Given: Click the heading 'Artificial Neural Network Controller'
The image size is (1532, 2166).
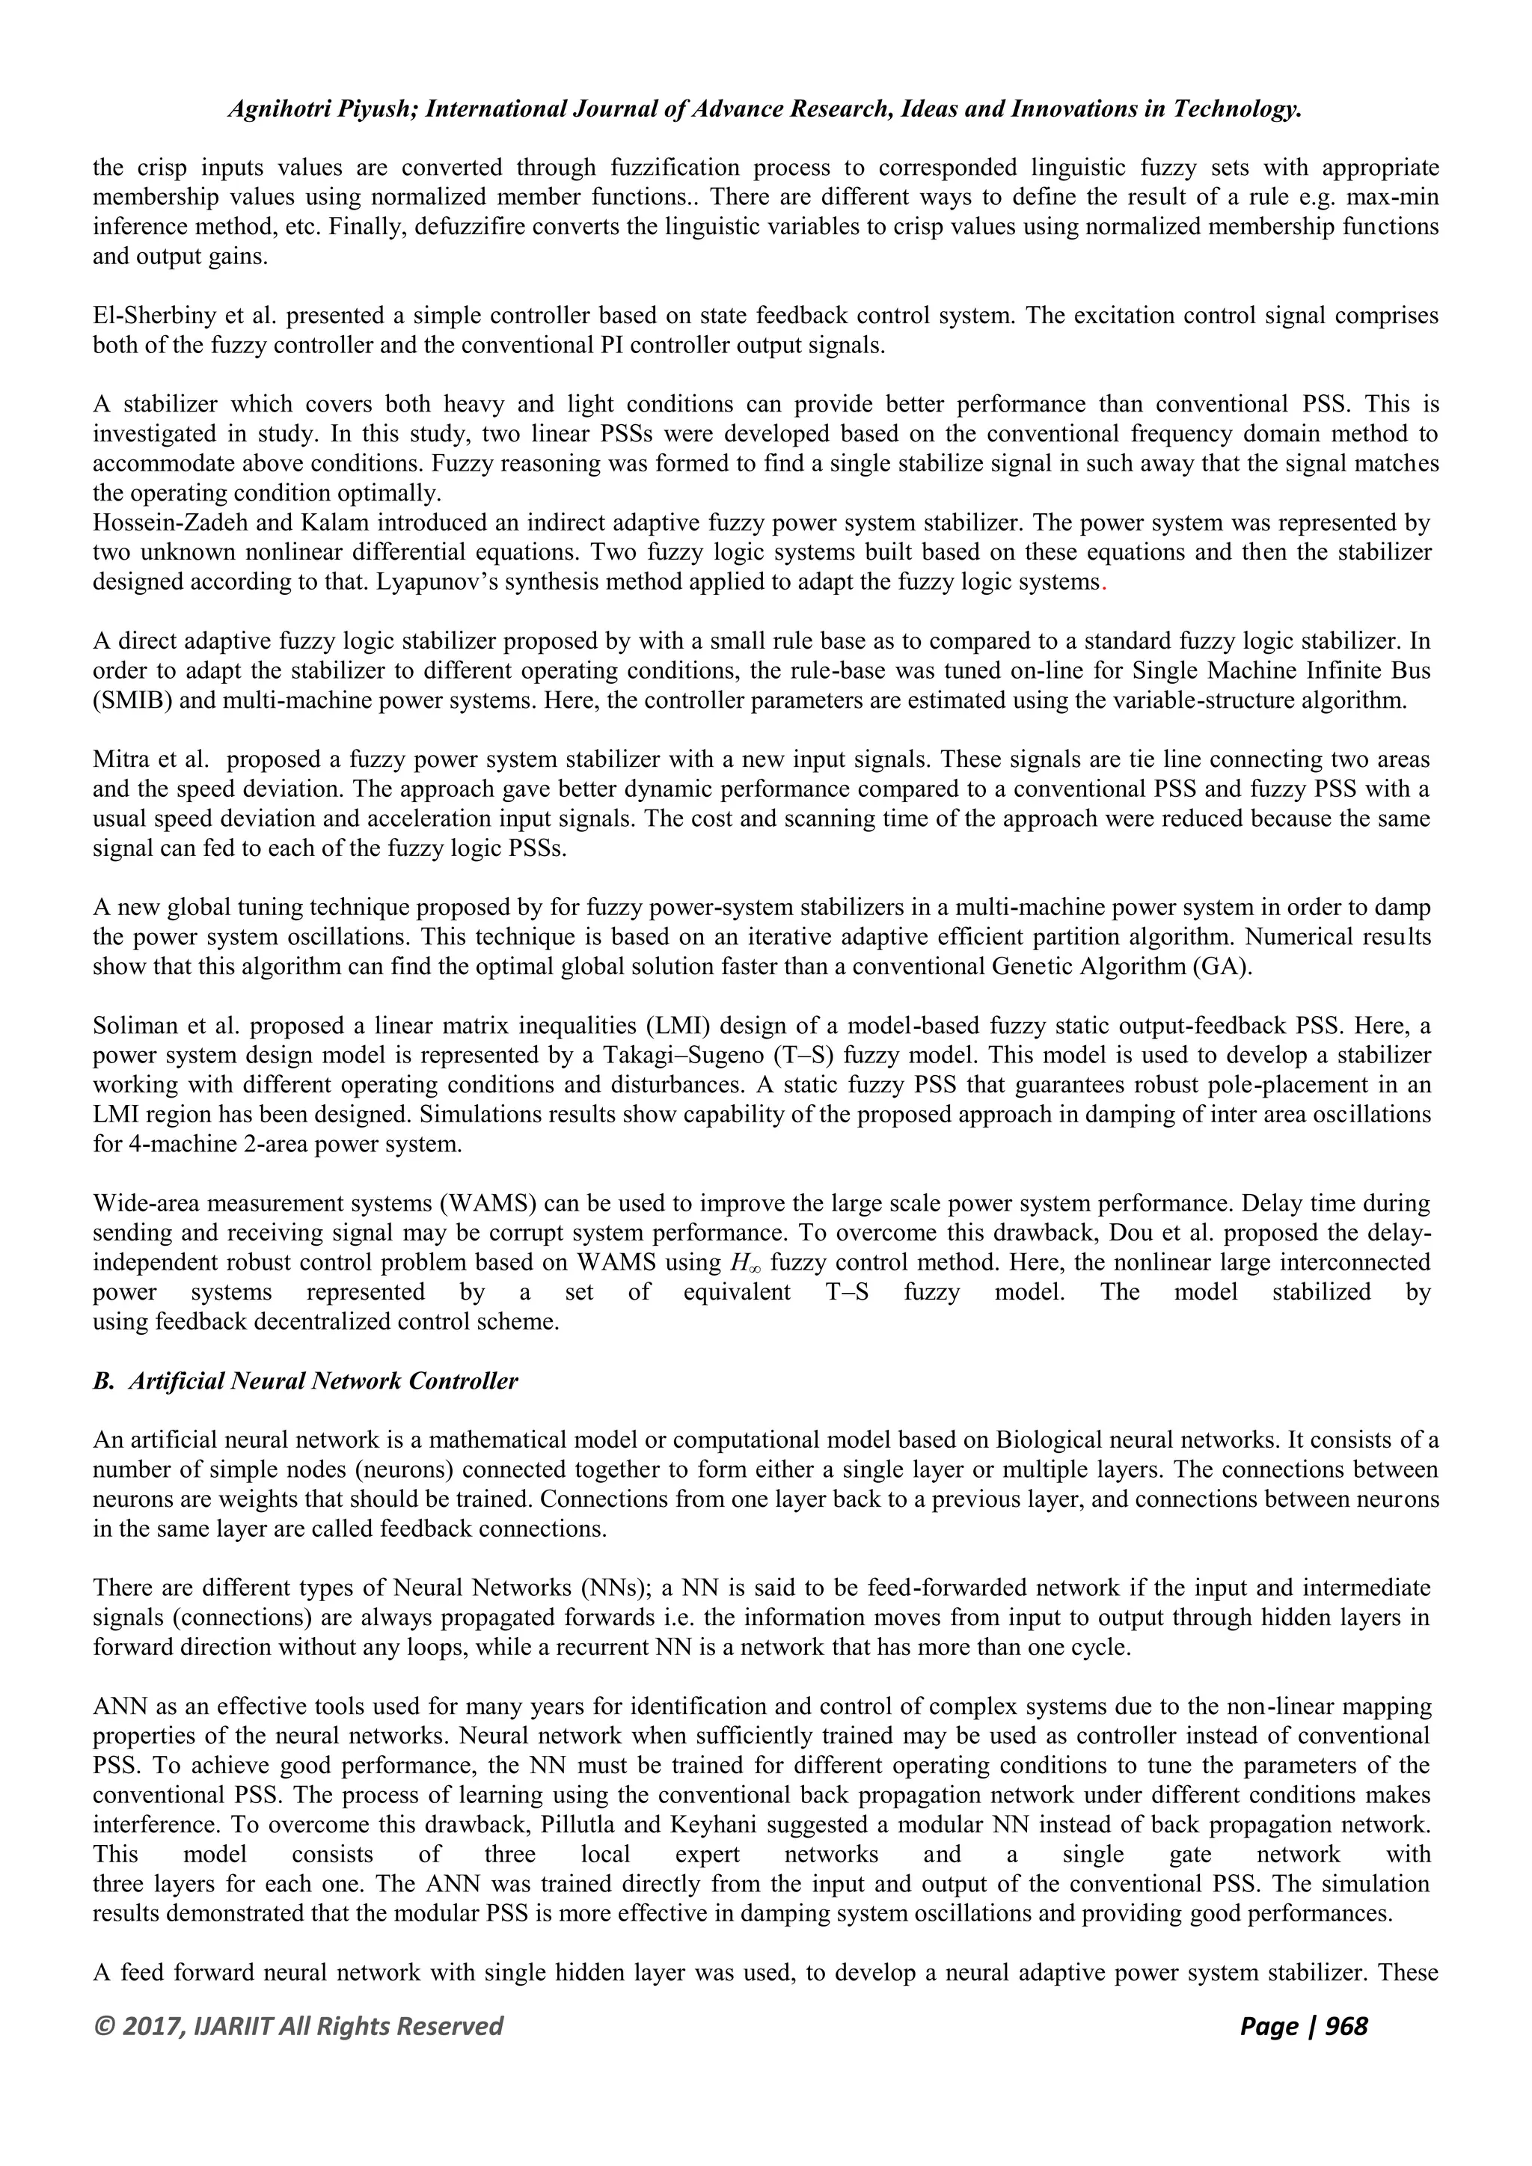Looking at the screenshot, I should [x=322, y=1381].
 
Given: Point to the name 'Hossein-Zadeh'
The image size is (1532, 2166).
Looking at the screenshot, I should [x=156, y=523].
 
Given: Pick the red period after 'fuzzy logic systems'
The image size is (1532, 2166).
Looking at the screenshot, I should [x=1103, y=583].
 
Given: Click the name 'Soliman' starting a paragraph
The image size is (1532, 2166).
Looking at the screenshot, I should [x=129, y=1026].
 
